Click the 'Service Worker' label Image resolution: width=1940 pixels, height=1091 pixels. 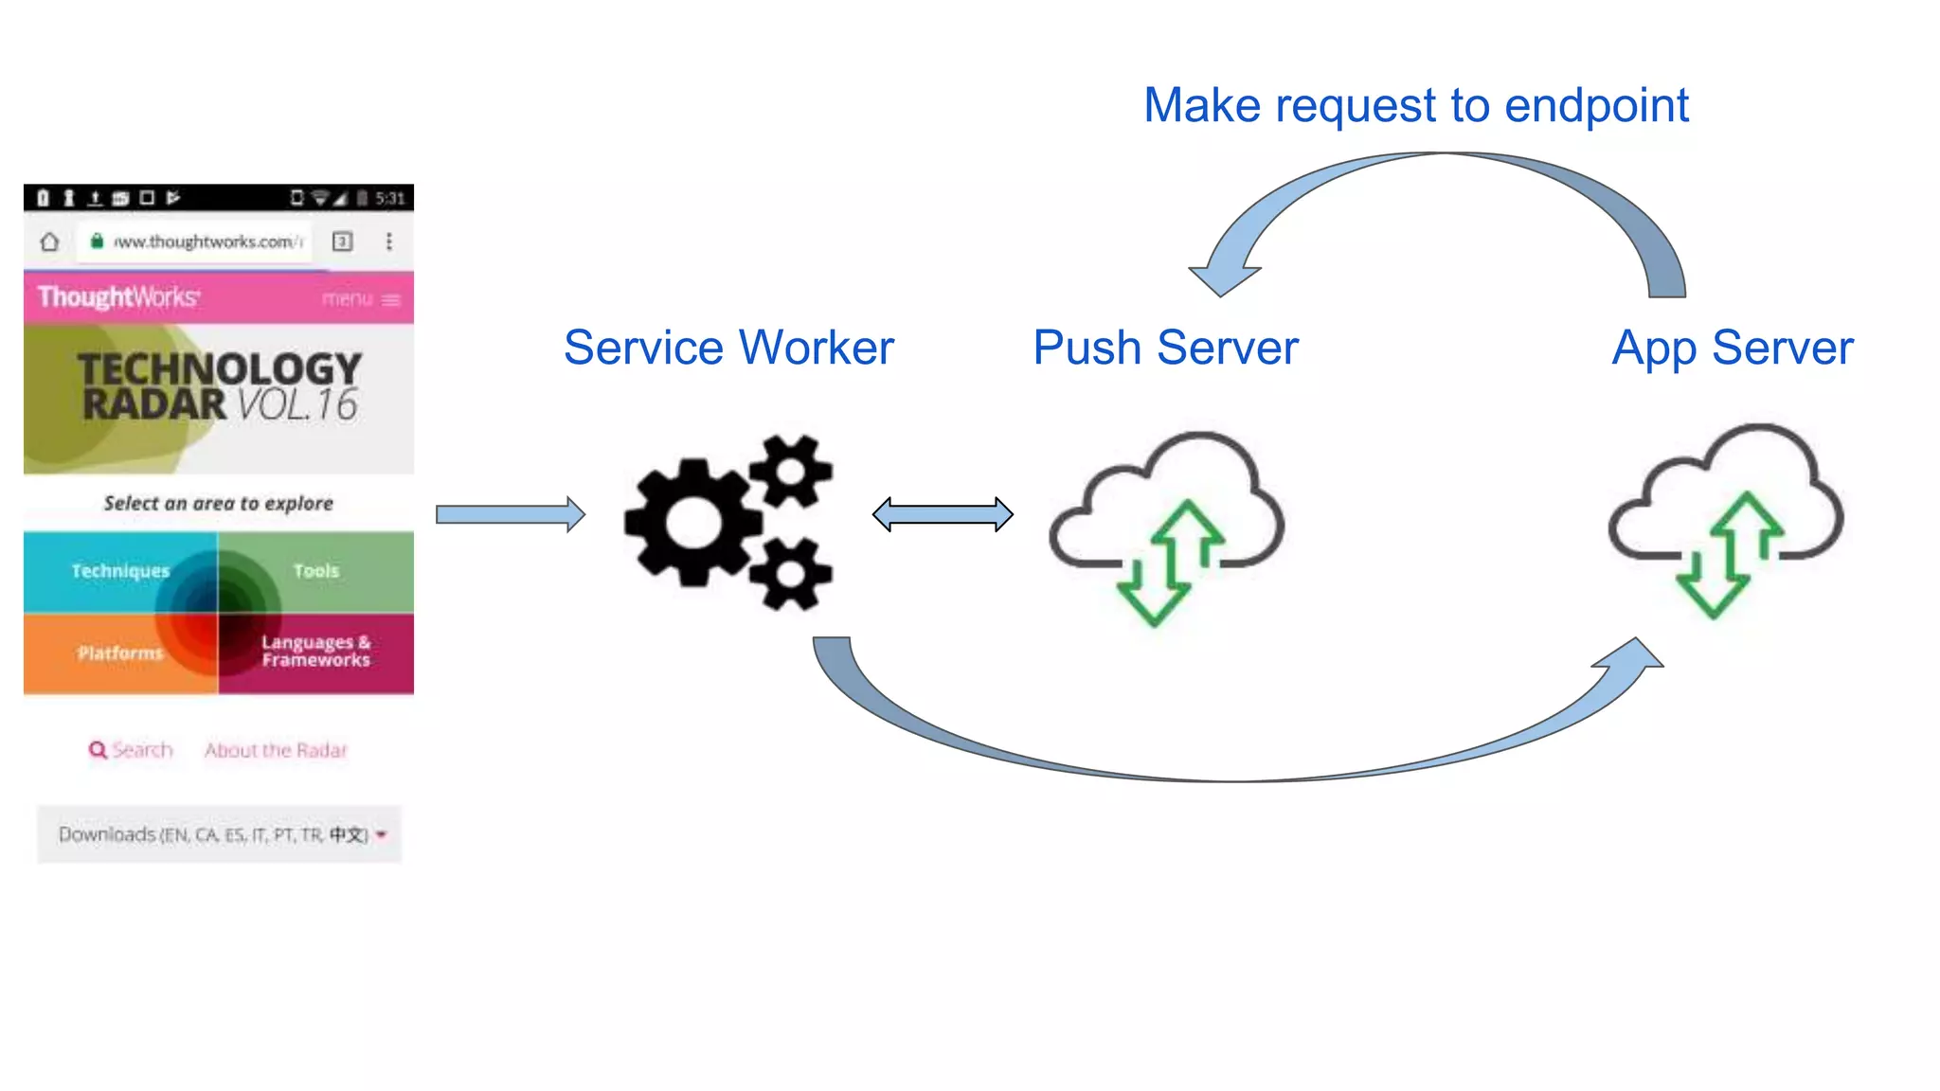[x=728, y=348]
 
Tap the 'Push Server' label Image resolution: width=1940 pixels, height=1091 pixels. [x=1165, y=348]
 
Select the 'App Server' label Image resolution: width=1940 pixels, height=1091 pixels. [x=1733, y=348]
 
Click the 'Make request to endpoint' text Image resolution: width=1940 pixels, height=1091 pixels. [x=1415, y=105]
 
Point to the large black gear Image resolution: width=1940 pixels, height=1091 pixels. [x=693, y=521]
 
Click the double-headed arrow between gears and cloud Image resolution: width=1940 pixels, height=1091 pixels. [x=943, y=514]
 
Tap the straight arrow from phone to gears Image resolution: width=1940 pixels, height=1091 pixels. [x=510, y=514]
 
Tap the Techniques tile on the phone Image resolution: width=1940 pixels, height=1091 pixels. [x=120, y=571]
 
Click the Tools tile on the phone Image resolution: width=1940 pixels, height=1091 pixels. [x=316, y=571]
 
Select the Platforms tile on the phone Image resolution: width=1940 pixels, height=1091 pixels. [x=120, y=653]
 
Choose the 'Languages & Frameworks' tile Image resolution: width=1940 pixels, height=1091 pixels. [x=316, y=652]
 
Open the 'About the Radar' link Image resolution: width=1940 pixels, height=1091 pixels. [x=276, y=750]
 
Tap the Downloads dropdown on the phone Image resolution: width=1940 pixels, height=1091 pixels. [x=220, y=834]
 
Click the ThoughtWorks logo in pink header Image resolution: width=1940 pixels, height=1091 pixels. [x=118, y=297]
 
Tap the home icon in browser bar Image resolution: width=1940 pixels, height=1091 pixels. [x=49, y=241]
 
